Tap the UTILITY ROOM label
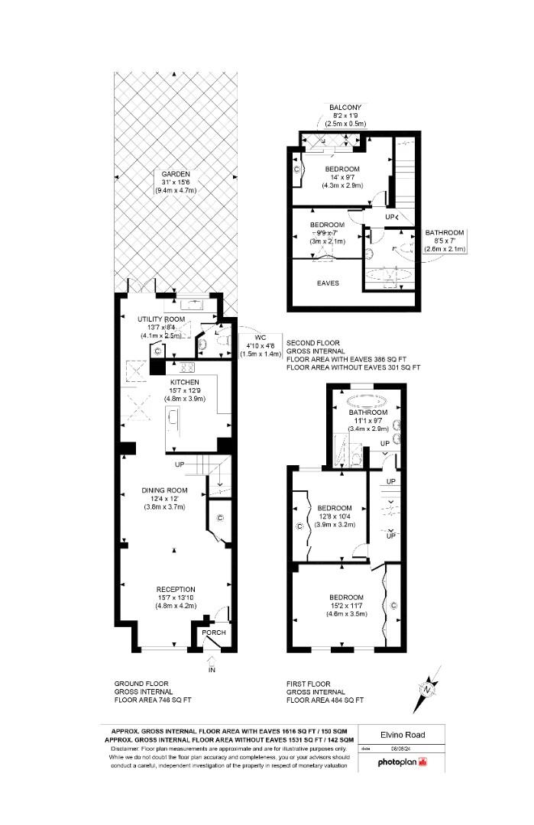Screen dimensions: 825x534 161,319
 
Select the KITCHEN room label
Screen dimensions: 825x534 185,382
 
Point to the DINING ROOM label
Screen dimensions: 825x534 164,490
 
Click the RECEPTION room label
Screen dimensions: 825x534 176,589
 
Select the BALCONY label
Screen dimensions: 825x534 345,107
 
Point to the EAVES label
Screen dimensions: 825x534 328,283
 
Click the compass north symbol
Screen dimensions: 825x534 429,689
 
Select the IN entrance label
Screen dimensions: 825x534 212,670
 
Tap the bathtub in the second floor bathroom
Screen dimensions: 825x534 389,274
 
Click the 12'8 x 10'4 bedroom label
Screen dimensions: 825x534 335,508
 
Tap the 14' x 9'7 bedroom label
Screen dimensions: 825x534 341,169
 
